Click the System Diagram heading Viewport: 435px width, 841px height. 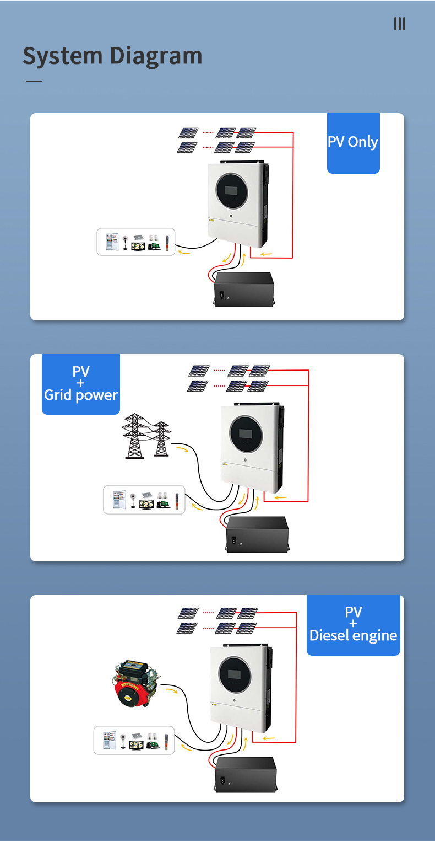(112, 56)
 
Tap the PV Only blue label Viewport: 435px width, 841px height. (353, 142)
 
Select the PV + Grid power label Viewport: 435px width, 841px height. (81, 384)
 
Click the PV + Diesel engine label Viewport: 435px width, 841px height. (353, 624)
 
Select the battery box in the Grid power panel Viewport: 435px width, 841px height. (258, 533)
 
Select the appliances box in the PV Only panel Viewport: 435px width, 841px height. (135, 242)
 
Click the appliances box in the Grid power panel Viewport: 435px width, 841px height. (144, 499)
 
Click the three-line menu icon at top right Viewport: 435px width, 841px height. (399, 24)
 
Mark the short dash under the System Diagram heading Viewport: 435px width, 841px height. (34, 81)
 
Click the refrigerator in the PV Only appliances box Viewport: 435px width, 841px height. (111, 242)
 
